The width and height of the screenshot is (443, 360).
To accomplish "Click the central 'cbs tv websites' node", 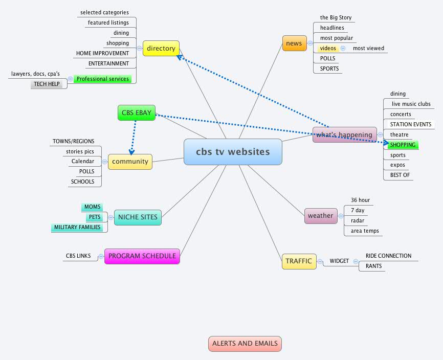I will click(233, 152).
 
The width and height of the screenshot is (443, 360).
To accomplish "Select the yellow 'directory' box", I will click(161, 49).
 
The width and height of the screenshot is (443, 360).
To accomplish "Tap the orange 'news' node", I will click(294, 43).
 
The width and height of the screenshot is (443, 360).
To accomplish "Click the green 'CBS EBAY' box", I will click(136, 113).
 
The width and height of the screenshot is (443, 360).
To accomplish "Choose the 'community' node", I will click(130, 162).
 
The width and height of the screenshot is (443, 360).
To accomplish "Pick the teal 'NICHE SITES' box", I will click(138, 217).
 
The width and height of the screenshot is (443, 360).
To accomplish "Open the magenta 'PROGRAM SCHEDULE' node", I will click(142, 256).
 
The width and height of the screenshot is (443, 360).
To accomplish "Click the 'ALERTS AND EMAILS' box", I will click(245, 344).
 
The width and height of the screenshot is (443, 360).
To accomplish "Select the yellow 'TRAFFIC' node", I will click(299, 261).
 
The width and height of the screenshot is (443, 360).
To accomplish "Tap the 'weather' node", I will click(320, 216).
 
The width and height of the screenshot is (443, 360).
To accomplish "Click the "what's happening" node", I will click(344, 135).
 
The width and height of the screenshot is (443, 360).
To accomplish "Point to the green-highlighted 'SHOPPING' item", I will click(403, 145).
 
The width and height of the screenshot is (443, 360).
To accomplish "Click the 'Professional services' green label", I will click(103, 79).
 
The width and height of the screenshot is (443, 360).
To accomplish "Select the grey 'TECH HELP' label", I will click(47, 84).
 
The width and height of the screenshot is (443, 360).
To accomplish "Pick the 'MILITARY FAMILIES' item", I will click(78, 228).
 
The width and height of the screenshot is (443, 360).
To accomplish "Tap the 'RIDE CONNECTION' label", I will click(388, 256).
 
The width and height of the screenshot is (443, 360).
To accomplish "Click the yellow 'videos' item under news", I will click(328, 49).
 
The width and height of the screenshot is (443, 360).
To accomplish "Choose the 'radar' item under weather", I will click(357, 220).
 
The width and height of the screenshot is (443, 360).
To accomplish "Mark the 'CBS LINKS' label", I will click(78, 256).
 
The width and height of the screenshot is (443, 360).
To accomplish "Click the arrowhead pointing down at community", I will click(131, 151).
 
